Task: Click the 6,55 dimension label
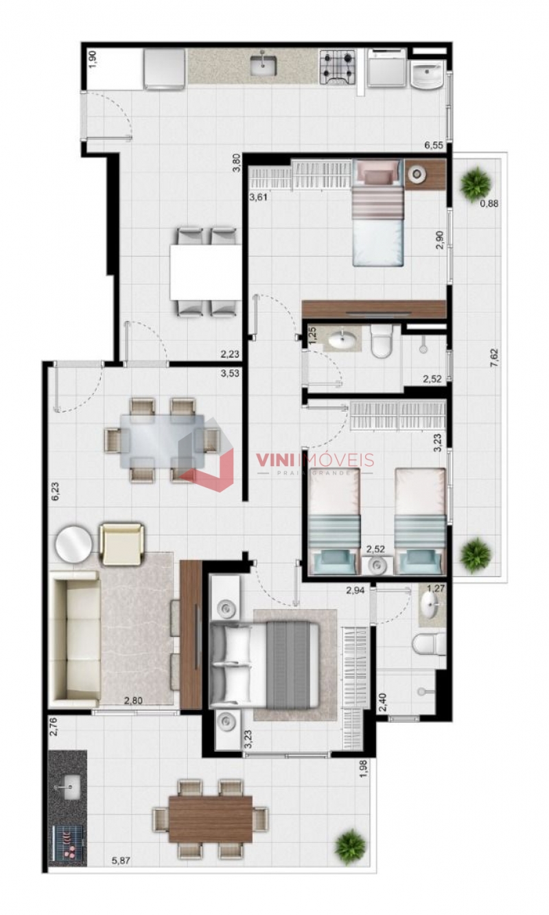[434, 146]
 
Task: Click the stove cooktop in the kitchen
[338, 67]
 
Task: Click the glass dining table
[162, 441]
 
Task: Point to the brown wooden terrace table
[210, 818]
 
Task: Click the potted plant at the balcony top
[475, 183]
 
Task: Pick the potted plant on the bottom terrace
[351, 846]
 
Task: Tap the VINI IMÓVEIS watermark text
[315, 461]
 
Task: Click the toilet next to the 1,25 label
[381, 341]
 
